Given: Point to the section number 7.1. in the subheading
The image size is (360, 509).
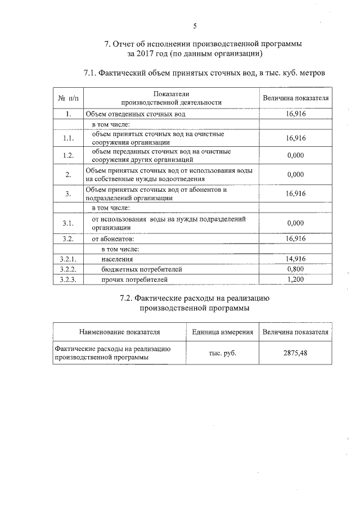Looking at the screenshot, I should tap(92, 73).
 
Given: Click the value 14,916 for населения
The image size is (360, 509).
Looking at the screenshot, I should tap(295, 259).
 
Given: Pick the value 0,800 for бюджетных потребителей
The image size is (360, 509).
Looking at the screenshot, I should tap(295, 269).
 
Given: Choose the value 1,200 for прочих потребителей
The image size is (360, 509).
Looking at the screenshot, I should tap(295, 279).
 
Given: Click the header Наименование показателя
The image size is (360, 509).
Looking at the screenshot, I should tap(120, 332).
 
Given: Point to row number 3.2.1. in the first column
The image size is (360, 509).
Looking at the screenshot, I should tap(67, 259).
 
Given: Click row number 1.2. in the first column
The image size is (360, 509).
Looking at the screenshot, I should tap(67, 155).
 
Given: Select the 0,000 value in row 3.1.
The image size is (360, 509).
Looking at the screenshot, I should tap(295, 223).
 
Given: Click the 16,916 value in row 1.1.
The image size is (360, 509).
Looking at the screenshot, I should tap(295, 138).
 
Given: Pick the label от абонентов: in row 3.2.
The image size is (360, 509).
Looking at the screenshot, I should tap(113, 238).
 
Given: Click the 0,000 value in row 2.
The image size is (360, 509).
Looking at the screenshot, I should tap(295, 174).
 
